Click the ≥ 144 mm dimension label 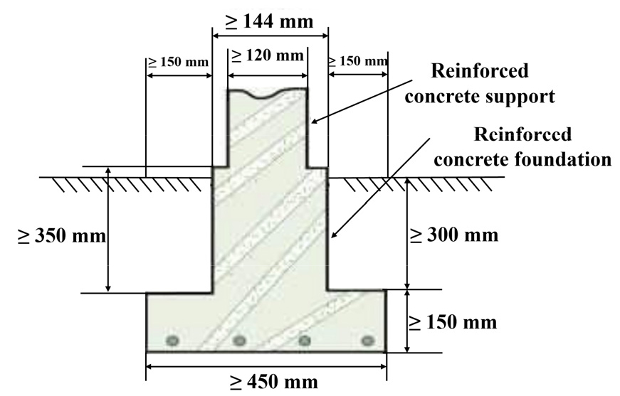tap(269, 22)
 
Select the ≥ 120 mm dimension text tap(268, 55)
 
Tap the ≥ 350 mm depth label tap(62, 236)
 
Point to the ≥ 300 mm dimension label tap(453, 235)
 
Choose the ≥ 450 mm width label tap(273, 382)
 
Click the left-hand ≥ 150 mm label tap(179, 62)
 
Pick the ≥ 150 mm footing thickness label tap(453, 322)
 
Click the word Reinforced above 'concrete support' tap(480, 71)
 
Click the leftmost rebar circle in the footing tap(172, 340)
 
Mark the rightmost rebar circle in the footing tap(368, 340)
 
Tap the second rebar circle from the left tap(239, 340)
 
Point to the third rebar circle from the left tap(304, 340)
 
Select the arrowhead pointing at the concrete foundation tap(335, 234)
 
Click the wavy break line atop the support tap(268, 93)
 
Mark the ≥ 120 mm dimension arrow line tap(268, 75)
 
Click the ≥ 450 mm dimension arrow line tap(266, 366)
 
